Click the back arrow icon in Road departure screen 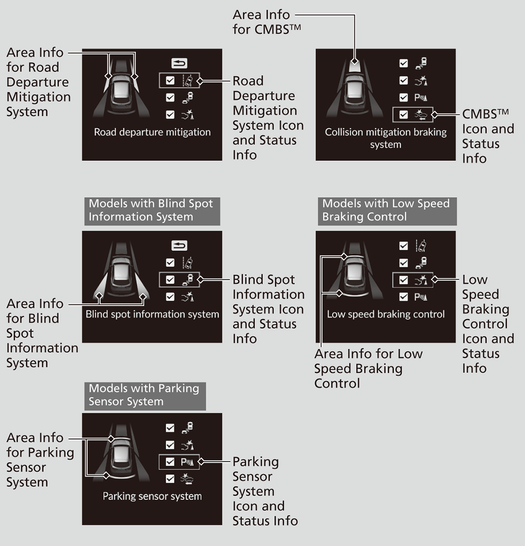pos(179,64)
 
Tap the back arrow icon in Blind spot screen pos(179,246)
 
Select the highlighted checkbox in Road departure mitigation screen pos(170,80)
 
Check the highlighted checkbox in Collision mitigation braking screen pos(404,115)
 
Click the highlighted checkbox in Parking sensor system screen pos(170,462)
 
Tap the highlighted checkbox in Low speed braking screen pos(404,280)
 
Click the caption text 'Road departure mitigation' pos(152,132)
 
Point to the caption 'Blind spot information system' pos(152,314)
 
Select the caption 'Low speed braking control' pos(385,314)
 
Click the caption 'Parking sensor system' pos(152,496)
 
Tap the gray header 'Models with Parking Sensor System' pos(144,395)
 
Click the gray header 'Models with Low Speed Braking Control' pos(386,210)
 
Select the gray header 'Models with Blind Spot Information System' pos(151,210)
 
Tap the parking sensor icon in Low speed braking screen pos(421,297)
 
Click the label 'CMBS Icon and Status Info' pos(486,136)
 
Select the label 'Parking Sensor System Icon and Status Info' pos(264,491)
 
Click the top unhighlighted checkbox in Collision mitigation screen pos(404,63)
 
